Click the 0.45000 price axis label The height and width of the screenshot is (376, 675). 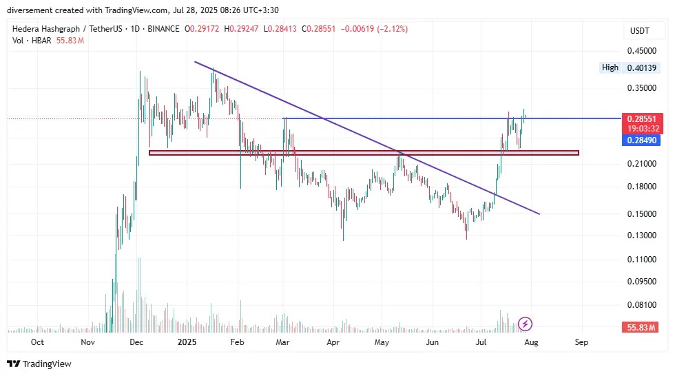click(x=641, y=50)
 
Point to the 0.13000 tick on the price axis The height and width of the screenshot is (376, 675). click(x=641, y=236)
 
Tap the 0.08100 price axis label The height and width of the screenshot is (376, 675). click(x=641, y=304)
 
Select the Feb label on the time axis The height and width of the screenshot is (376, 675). click(x=237, y=342)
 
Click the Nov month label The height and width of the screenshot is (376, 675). click(x=87, y=342)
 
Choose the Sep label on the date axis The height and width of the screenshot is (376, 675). click(x=581, y=342)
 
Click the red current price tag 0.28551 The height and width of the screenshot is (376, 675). click(x=641, y=118)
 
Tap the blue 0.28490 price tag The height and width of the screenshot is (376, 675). click(x=641, y=140)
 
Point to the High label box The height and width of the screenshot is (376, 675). click(x=610, y=67)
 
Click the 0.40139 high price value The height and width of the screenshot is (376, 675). click(x=642, y=67)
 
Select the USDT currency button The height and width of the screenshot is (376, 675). click(x=640, y=30)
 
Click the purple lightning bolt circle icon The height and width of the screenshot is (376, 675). click(x=526, y=323)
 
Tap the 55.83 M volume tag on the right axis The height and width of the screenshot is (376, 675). click(x=641, y=327)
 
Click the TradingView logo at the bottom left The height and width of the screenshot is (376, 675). click(x=39, y=364)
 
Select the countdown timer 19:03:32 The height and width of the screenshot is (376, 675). click(x=641, y=128)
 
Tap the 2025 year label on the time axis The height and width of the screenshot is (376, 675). click(x=187, y=342)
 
